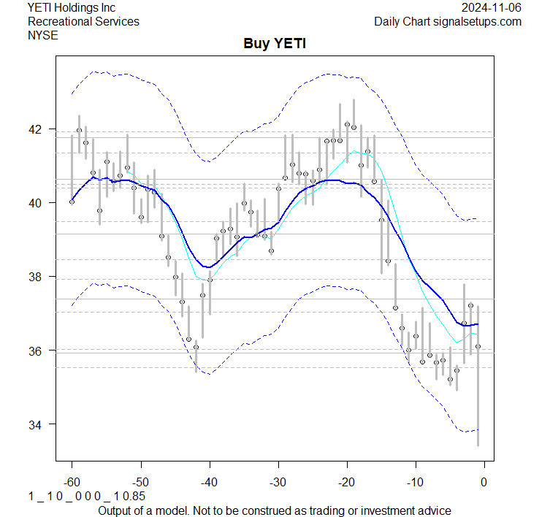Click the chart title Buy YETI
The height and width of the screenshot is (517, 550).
point(275,44)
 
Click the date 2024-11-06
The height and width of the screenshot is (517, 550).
point(491,8)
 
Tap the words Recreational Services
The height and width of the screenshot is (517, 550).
point(83,21)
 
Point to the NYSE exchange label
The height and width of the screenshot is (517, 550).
point(42,34)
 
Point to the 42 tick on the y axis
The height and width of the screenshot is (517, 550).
point(36,129)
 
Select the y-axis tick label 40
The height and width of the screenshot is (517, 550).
point(36,203)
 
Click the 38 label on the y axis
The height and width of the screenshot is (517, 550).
point(36,277)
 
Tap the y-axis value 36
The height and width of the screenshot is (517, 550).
point(36,351)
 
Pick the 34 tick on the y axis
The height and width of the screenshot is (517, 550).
point(36,424)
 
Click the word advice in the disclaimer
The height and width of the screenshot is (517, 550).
point(433,510)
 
